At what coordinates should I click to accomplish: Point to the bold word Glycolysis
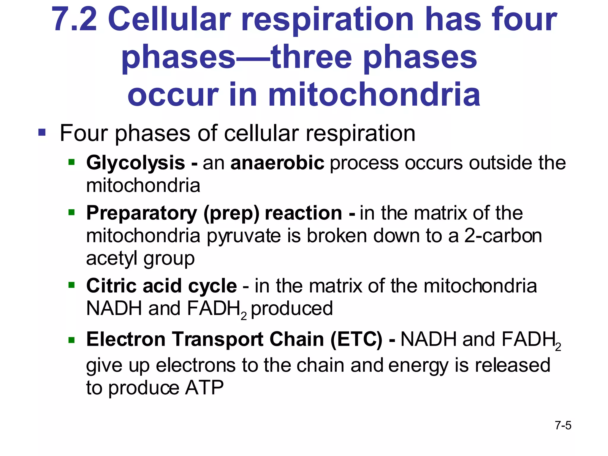pos(136,163)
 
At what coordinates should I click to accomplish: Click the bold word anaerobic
pos(277,163)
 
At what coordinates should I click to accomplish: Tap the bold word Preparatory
pos(142,213)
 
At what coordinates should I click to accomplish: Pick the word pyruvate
pos(244,236)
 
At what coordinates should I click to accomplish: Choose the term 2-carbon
pos(503,236)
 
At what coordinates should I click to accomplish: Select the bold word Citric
pos(111,286)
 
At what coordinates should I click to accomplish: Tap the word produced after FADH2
pos(292,308)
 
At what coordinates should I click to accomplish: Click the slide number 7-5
pos(563,425)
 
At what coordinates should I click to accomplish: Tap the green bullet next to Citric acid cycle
pos(72,285)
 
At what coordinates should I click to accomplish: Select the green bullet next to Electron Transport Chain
pos(72,340)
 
